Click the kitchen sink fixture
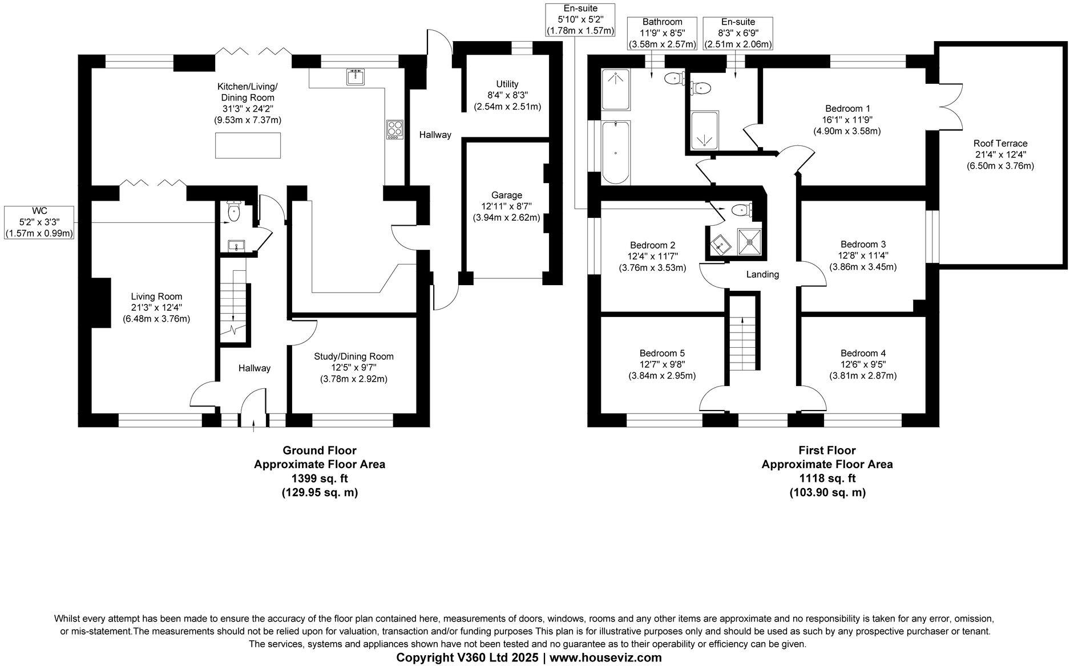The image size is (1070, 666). coord(356,76)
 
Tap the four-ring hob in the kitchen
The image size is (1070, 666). coord(394,129)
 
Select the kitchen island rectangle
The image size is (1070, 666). coord(248,145)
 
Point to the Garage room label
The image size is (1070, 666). coord(506,195)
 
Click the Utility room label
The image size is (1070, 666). coord(507,84)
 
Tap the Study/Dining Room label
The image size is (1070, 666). coord(353,356)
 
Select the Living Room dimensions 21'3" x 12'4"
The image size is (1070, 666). coord(156,308)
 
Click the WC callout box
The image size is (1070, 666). coord(39,222)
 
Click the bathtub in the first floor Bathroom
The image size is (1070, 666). coord(615,153)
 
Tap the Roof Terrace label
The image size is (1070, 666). coord(1000,144)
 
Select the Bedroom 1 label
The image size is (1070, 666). coord(847,108)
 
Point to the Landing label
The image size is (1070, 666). coord(762,275)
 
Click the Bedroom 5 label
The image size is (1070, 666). coord(661,353)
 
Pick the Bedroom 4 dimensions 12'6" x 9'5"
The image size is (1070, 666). coord(863,364)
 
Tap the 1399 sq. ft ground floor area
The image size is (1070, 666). coord(320,478)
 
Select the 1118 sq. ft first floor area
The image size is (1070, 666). coord(827,478)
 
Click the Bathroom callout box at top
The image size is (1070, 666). coord(662,33)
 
